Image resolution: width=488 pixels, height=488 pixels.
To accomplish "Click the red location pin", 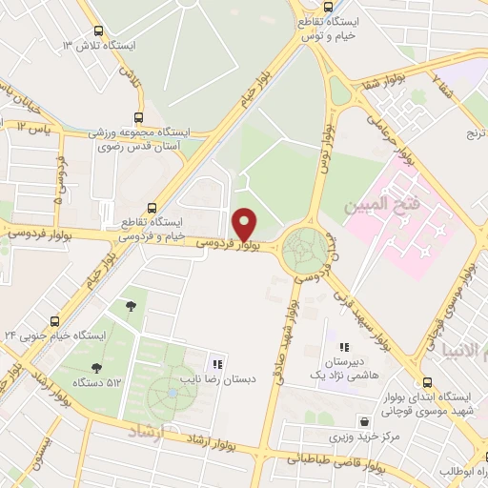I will [245, 223].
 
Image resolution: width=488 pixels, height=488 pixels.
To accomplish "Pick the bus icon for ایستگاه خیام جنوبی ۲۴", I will [54, 321].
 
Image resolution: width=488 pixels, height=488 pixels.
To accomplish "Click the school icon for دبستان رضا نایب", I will [217, 364].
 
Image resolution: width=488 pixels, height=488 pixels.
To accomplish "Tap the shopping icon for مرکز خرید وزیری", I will [364, 421].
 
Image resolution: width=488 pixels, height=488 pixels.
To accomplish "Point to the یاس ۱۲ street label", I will [32, 126].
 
